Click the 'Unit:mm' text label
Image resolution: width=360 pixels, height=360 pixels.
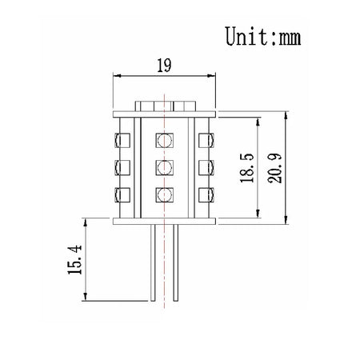[x=263, y=36]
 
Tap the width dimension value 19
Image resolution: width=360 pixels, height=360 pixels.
[x=164, y=66]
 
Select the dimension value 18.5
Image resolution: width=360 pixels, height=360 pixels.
[x=247, y=168]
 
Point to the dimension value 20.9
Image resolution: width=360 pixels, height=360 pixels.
[x=274, y=168]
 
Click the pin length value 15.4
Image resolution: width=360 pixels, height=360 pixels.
[x=74, y=260]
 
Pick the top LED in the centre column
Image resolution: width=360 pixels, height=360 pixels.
[x=164, y=140]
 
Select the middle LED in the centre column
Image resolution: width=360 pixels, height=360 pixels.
[x=164, y=167]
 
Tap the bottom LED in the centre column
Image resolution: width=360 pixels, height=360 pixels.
[x=164, y=195]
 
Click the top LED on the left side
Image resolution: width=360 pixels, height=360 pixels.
[x=122, y=140]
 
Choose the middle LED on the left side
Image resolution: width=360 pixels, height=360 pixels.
[x=122, y=167]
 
